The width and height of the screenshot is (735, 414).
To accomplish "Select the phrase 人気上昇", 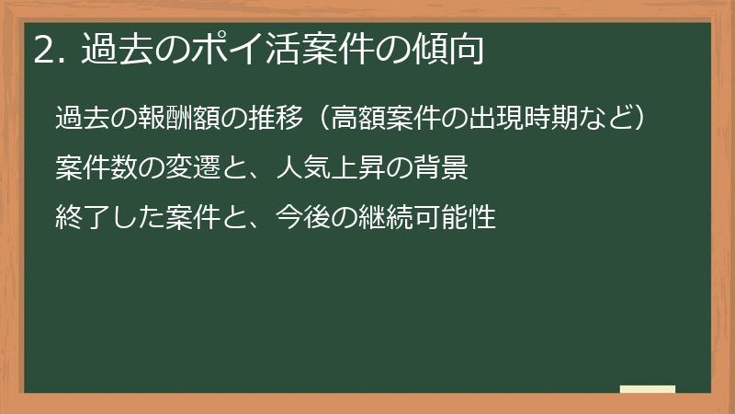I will pyautogui.click(x=322, y=168).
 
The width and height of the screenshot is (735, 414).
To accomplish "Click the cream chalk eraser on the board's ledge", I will pyautogui.click(x=647, y=390).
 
